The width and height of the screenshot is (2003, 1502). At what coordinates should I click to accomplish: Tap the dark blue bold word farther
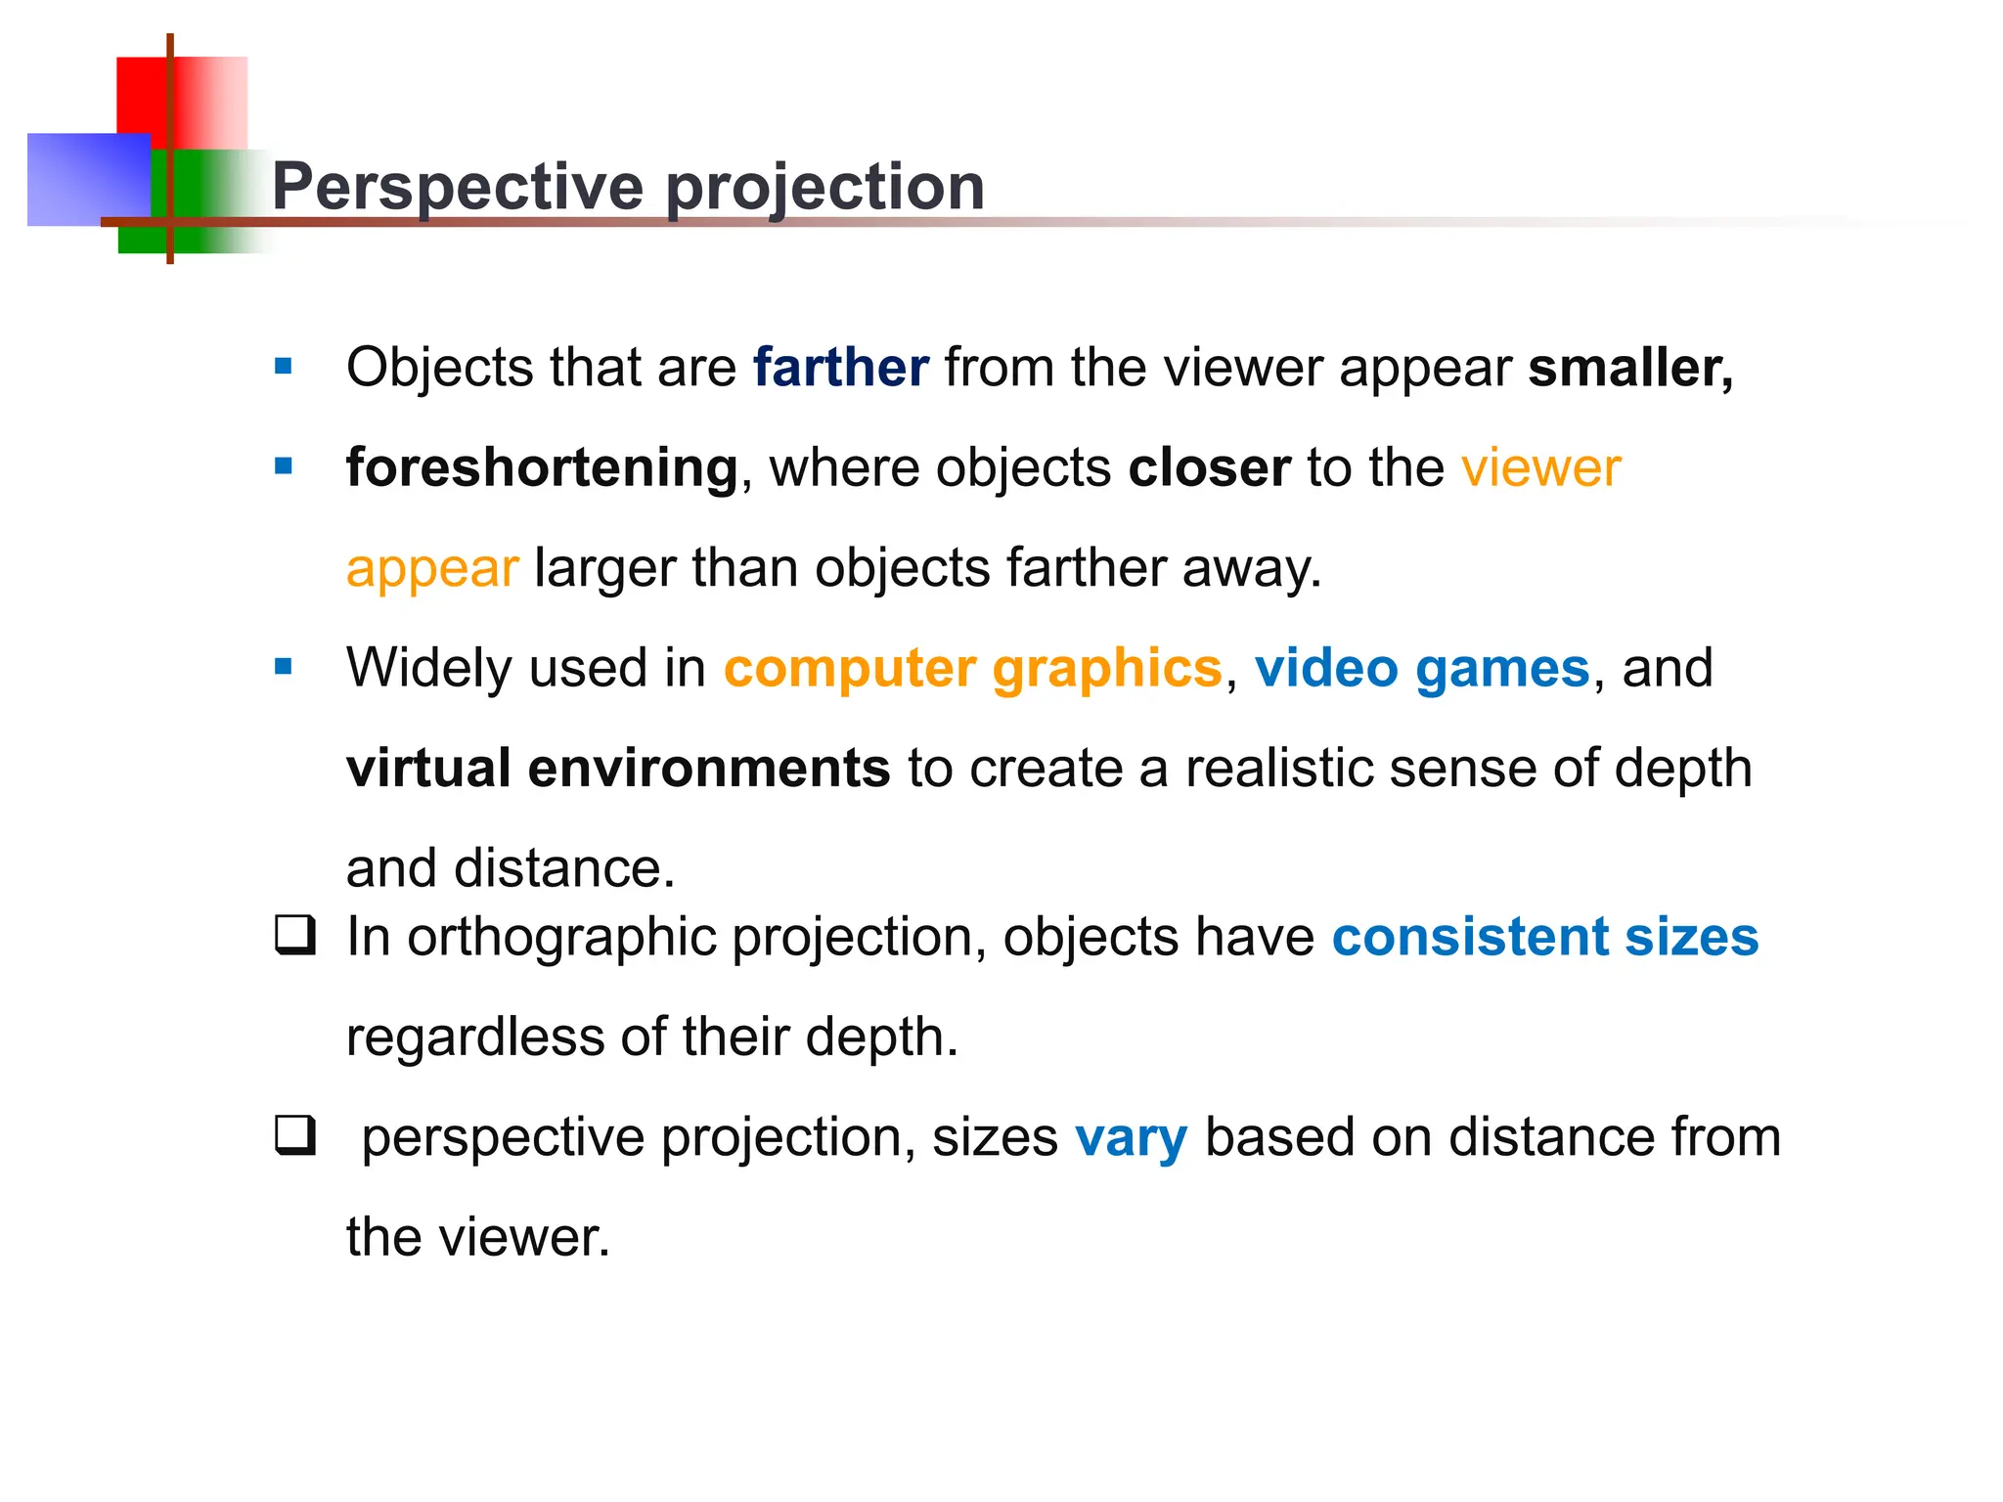839,368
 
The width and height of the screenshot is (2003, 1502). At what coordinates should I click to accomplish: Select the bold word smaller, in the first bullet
1630,368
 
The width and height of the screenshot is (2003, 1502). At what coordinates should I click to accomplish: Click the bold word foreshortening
542,467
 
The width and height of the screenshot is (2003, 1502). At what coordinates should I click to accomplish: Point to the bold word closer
1209,467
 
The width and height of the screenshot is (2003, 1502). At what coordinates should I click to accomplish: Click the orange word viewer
1540,467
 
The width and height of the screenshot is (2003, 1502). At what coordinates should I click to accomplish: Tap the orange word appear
431,568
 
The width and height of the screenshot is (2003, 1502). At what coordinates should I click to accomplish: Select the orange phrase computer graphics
972,668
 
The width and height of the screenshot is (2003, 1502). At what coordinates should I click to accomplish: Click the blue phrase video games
1422,668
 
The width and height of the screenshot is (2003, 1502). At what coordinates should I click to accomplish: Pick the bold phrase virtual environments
618,768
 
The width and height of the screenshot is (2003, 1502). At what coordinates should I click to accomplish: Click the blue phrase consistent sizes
1544,937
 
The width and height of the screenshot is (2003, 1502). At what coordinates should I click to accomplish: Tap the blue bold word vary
1131,1137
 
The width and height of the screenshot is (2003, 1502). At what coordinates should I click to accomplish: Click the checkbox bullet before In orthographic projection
294,935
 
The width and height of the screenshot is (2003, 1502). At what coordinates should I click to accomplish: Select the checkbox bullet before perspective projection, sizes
294,1135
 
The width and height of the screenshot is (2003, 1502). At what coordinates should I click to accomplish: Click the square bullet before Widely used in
284,667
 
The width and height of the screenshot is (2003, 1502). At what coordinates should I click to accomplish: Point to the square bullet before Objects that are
284,367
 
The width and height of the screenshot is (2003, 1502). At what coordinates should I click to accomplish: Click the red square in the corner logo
143,94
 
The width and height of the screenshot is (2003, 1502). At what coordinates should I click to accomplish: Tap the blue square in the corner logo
78,178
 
